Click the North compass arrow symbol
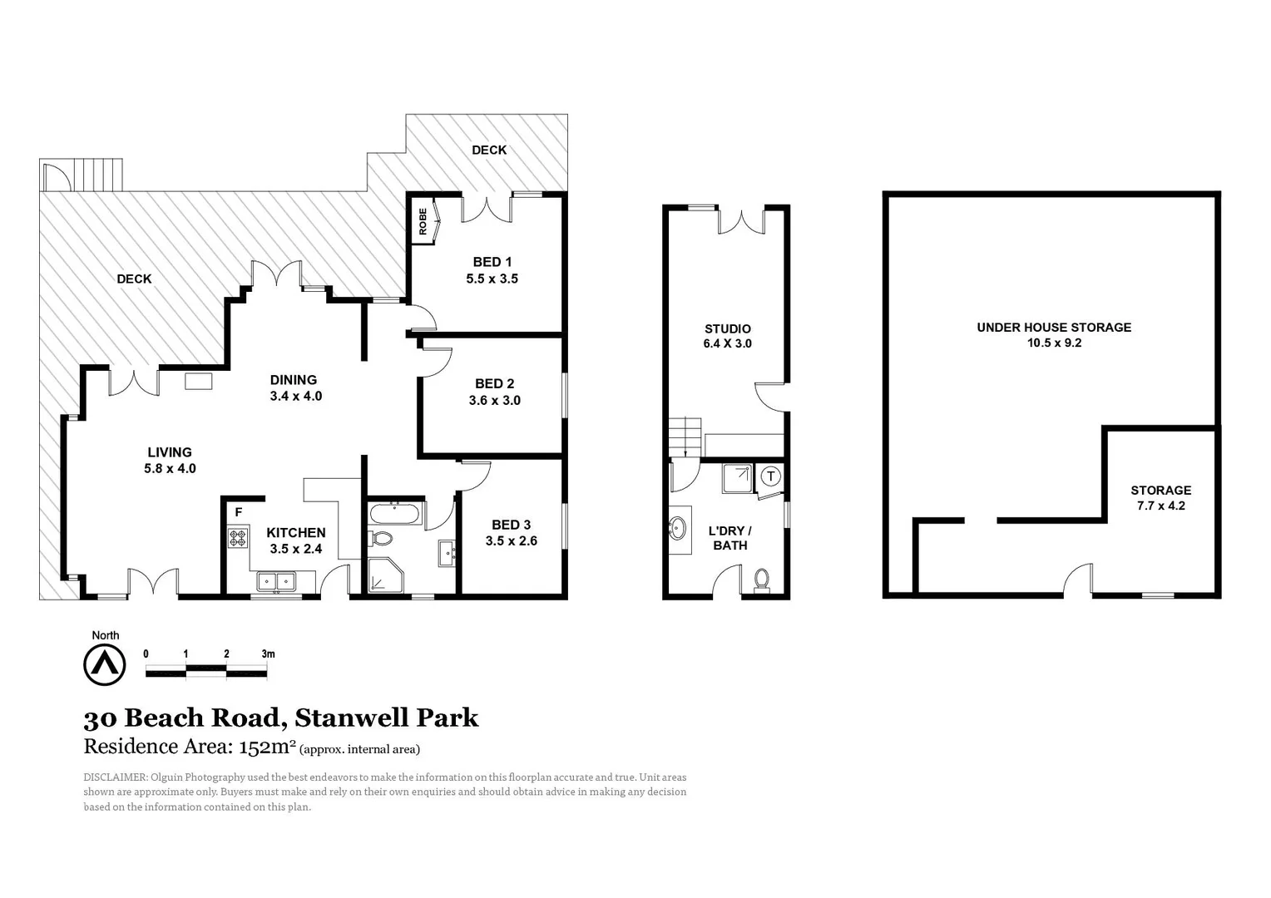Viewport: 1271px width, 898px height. click(105, 665)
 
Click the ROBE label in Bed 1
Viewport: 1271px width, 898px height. click(423, 222)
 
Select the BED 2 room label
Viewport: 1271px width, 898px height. click(494, 383)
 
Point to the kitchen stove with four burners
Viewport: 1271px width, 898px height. click(239, 538)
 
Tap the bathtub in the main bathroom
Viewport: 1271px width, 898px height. click(395, 513)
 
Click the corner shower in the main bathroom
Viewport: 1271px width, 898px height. click(384, 575)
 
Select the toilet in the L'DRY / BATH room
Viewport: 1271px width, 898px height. click(761, 579)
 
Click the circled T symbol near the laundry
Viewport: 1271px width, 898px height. click(771, 476)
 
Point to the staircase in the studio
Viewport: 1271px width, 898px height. click(685, 434)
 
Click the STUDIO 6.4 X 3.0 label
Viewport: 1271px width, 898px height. click(727, 336)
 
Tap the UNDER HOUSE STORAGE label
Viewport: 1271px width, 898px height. click(1054, 328)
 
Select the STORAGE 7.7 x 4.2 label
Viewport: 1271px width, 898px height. click(1160, 497)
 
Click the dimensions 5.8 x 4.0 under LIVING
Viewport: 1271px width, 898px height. click(170, 468)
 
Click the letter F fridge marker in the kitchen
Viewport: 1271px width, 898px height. click(239, 512)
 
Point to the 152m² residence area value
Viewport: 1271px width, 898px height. click(267, 747)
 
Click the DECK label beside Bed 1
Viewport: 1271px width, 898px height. click(489, 150)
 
